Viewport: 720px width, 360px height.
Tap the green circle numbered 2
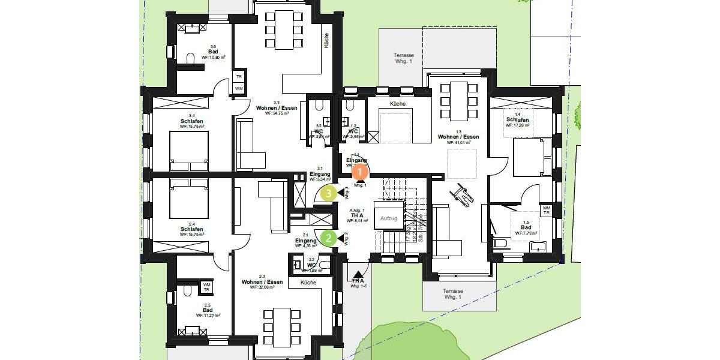point(329,238)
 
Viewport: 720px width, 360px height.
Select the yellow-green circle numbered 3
point(328,193)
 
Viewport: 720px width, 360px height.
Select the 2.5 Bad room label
point(208,310)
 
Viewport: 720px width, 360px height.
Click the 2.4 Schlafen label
point(192,229)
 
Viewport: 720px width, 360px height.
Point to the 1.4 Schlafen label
point(517,120)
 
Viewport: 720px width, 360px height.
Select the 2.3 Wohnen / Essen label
point(262,282)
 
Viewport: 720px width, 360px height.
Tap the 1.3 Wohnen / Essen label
point(458,137)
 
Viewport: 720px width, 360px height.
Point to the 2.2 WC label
point(311,265)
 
